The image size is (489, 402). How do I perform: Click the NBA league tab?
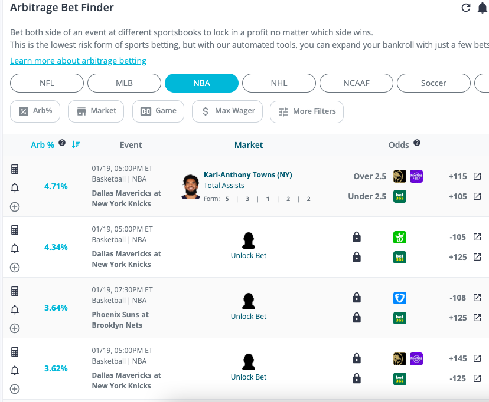click(x=201, y=83)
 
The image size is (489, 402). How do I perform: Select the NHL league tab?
click(x=279, y=83)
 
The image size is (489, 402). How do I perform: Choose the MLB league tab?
click(x=124, y=83)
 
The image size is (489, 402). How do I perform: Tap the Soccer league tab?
click(x=433, y=83)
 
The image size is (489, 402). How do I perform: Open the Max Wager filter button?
click(x=227, y=111)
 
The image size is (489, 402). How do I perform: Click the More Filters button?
click(x=307, y=111)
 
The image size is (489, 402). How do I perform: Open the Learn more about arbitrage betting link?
click(x=78, y=61)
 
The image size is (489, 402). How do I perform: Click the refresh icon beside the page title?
click(x=466, y=8)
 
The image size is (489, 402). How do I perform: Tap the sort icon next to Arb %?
click(x=76, y=144)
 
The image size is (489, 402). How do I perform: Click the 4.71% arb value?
click(x=56, y=186)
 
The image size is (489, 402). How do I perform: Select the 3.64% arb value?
click(x=56, y=308)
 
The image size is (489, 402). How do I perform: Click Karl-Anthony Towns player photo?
click(x=191, y=186)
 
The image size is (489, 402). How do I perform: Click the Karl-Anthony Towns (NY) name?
click(x=248, y=175)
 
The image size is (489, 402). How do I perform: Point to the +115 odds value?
click(x=457, y=176)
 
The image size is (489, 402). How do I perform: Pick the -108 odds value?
click(x=458, y=298)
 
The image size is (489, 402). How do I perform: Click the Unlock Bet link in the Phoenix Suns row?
click(x=249, y=317)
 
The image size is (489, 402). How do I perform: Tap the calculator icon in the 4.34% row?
click(x=15, y=230)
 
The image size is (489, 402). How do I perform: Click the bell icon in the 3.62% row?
click(x=15, y=370)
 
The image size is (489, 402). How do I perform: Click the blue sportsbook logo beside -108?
click(x=400, y=298)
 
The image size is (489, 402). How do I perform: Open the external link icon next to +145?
click(x=477, y=358)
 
